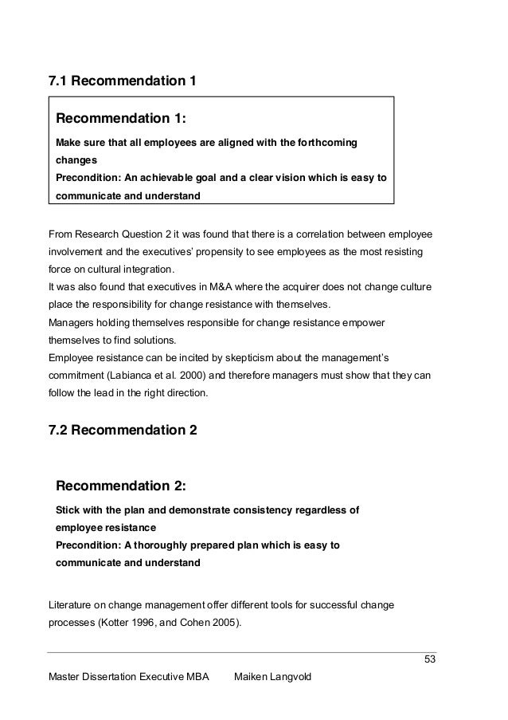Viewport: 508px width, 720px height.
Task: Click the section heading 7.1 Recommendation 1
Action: click(123, 81)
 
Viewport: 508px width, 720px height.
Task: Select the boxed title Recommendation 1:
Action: click(120, 120)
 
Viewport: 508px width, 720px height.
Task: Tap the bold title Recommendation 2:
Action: click(121, 486)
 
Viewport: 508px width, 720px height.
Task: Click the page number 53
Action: click(431, 659)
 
